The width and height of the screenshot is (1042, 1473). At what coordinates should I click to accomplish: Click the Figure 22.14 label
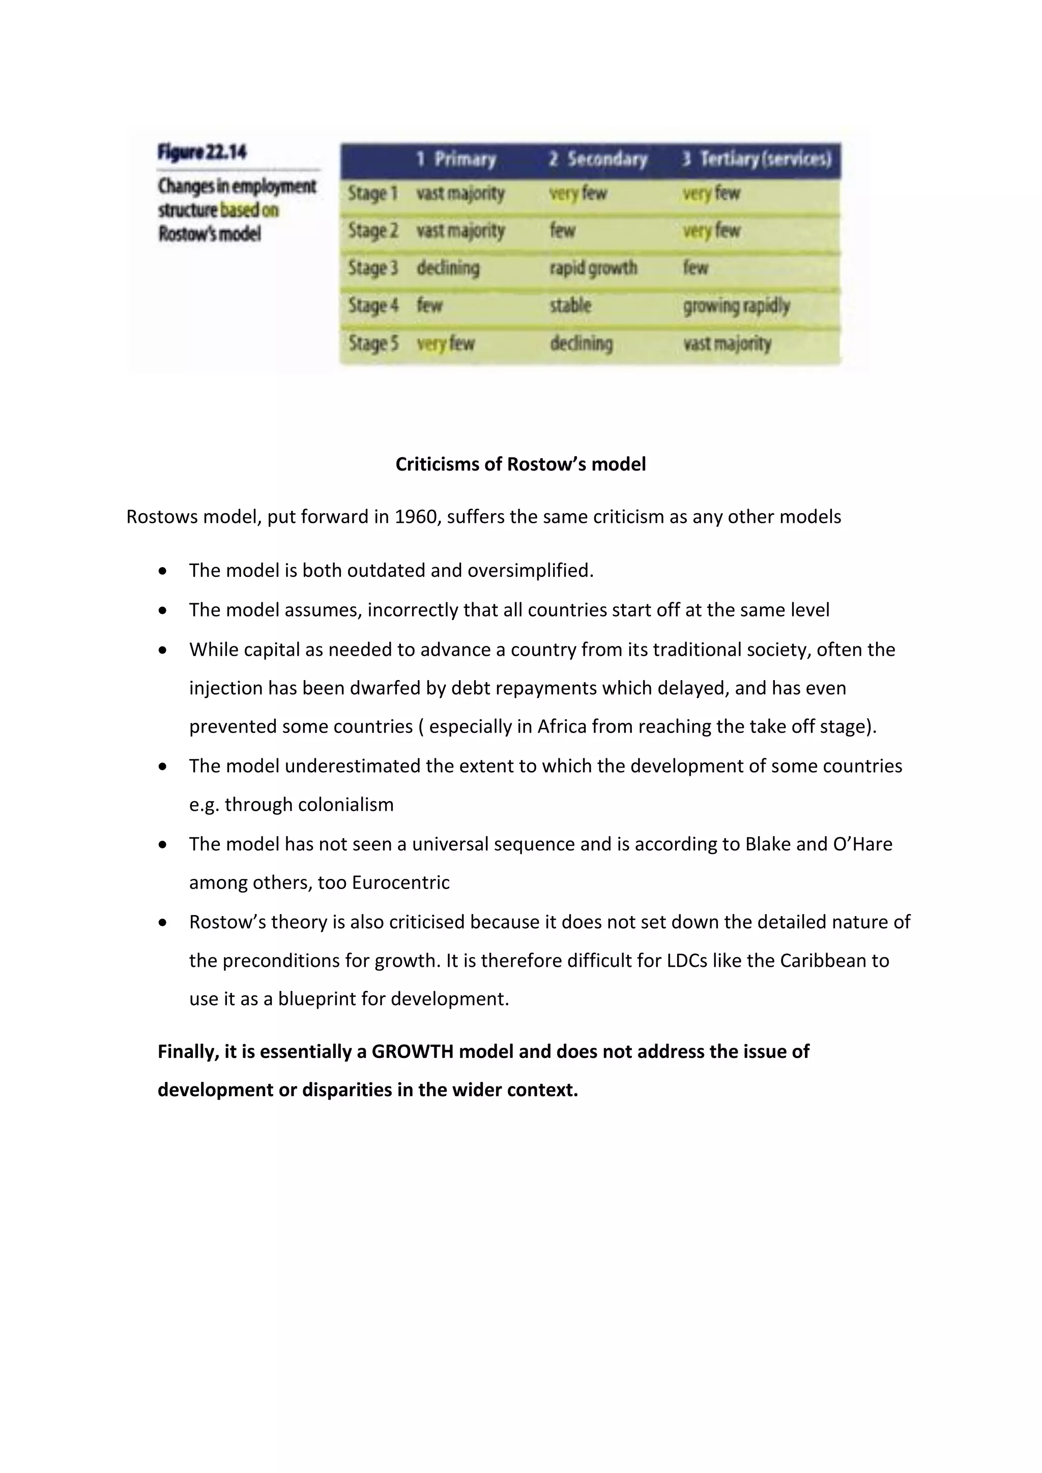pos(202,153)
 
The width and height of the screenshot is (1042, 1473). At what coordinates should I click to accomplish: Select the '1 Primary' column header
pos(456,159)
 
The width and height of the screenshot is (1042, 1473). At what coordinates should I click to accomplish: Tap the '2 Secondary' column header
pos(598,159)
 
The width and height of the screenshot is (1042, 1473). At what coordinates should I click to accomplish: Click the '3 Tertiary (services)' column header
pos(757,159)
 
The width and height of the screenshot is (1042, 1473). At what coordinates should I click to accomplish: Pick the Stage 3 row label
pos(373,268)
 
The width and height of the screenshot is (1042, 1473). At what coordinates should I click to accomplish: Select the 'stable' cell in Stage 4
pos(570,305)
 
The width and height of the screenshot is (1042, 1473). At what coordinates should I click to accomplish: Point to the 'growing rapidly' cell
pos(736,306)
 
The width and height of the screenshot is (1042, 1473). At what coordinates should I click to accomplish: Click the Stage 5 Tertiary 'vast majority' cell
pos(727,344)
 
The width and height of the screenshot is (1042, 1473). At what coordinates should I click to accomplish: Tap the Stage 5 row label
pos(373,344)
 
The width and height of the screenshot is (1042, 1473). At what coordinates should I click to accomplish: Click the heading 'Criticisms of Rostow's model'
pos(520,464)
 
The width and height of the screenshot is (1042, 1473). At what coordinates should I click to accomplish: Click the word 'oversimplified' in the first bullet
pos(530,570)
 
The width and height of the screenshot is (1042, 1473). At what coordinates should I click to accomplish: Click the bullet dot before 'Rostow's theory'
pos(164,923)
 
